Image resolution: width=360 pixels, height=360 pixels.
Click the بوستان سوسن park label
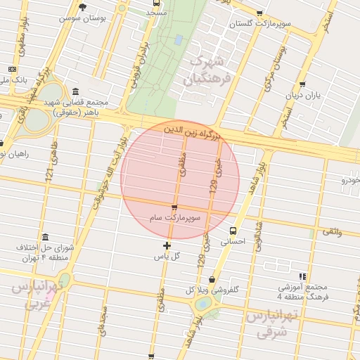pyautogui.click(x=86, y=17)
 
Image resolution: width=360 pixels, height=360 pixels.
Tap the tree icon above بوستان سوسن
pyautogui.click(x=83, y=7)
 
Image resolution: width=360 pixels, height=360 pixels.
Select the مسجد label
pyautogui.click(x=156, y=13)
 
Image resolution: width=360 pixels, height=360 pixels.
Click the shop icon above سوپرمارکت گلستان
pyautogui.click(x=260, y=13)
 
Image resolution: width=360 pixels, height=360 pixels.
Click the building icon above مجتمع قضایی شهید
pyautogui.click(x=75, y=91)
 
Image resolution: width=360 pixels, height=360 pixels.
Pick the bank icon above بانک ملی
pyautogui.click(x=12, y=69)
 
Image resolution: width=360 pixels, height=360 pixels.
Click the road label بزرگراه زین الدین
pyautogui.click(x=191, y=131)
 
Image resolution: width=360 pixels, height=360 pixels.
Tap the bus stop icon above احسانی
pyautogui.click(x=233, y=231)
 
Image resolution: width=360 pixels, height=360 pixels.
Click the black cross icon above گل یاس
pyautogui.click(x=167, y=245)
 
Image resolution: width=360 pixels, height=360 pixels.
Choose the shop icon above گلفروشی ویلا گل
pyautogui.click(x=212, y=280)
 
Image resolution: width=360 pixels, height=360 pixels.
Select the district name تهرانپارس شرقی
pyautogui.click(x=268, y=323)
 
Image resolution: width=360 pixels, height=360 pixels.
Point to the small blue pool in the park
pyautogui.click(x=179, y=39)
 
